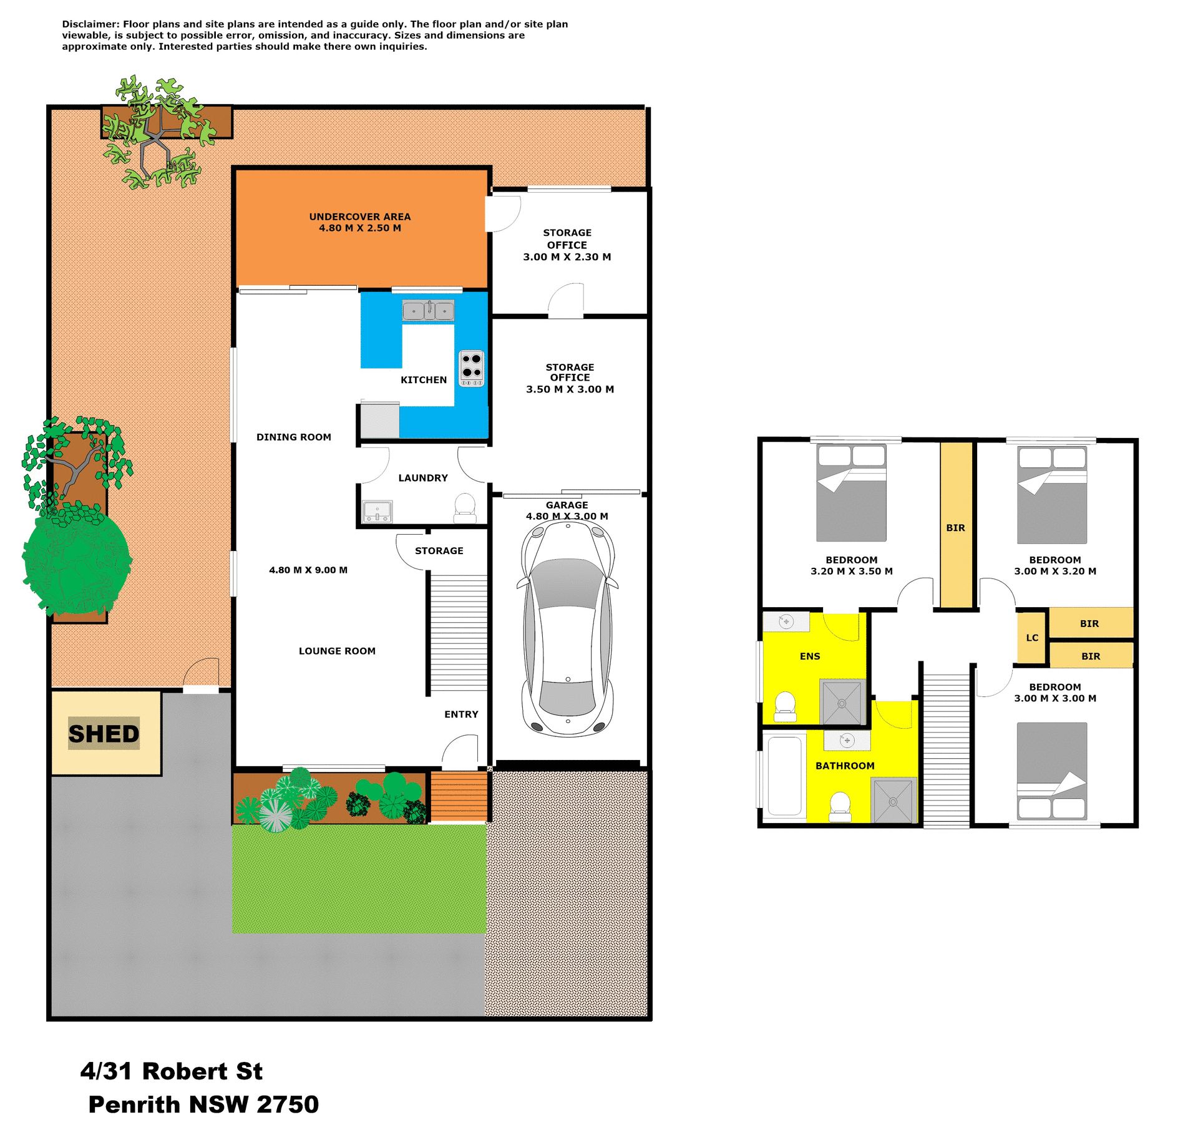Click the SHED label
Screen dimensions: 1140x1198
104,734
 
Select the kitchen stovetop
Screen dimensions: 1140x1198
472,368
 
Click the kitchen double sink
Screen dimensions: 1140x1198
428,310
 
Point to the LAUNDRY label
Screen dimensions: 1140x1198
423,478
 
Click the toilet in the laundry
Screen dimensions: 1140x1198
465,508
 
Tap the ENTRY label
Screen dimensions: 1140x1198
461,714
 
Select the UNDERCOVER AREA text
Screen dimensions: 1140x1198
360,217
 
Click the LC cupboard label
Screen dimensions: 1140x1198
1032,638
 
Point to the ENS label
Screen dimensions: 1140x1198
810,656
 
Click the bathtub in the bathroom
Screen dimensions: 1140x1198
784,776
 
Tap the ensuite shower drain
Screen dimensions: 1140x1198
842,703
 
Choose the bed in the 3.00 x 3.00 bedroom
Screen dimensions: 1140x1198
1052,771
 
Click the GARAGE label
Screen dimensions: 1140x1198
567,505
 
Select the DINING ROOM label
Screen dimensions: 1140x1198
294,437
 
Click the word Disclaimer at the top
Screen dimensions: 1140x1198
90,24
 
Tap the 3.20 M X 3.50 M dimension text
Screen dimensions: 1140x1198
852,571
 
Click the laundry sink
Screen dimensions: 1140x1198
377,511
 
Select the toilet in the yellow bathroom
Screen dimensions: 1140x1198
840,806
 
